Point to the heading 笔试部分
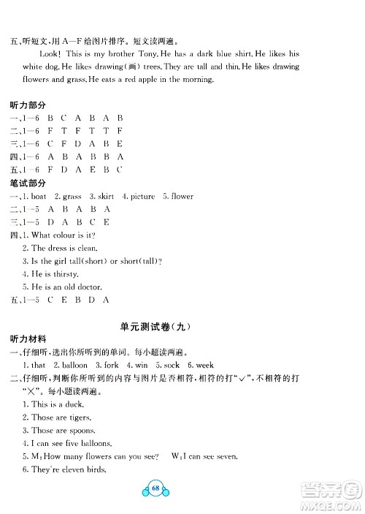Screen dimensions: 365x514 28,182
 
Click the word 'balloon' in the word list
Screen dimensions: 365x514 72,364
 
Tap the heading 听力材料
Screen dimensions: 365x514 28,339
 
